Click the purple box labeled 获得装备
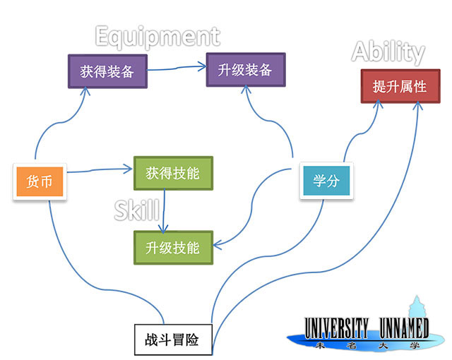tap(107, 71)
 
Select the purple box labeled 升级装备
tap(246, 70)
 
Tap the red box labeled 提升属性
tap(400, 86)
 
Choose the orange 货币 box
tap(40, 181)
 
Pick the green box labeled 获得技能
tap(173, 173)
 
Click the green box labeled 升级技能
tap(173, 248)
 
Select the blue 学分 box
tap(326, 181)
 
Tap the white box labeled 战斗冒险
tap(173, 340)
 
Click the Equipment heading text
tap(157, 37)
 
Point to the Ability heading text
tap(388, 52)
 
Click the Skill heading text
tap(137, 210)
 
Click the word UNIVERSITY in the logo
tap(336, 328)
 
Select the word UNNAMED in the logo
tap(404, 328)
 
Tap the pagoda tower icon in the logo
tap(417, 307)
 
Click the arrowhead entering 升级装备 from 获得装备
tap(202, 66)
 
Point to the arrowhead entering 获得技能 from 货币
tap(129, 169)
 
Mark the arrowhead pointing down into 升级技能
tap(163, 229)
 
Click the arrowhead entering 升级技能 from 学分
tap(218, 246)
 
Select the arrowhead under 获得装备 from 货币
tap(85, 91)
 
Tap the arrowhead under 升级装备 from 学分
tap(246, 89)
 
